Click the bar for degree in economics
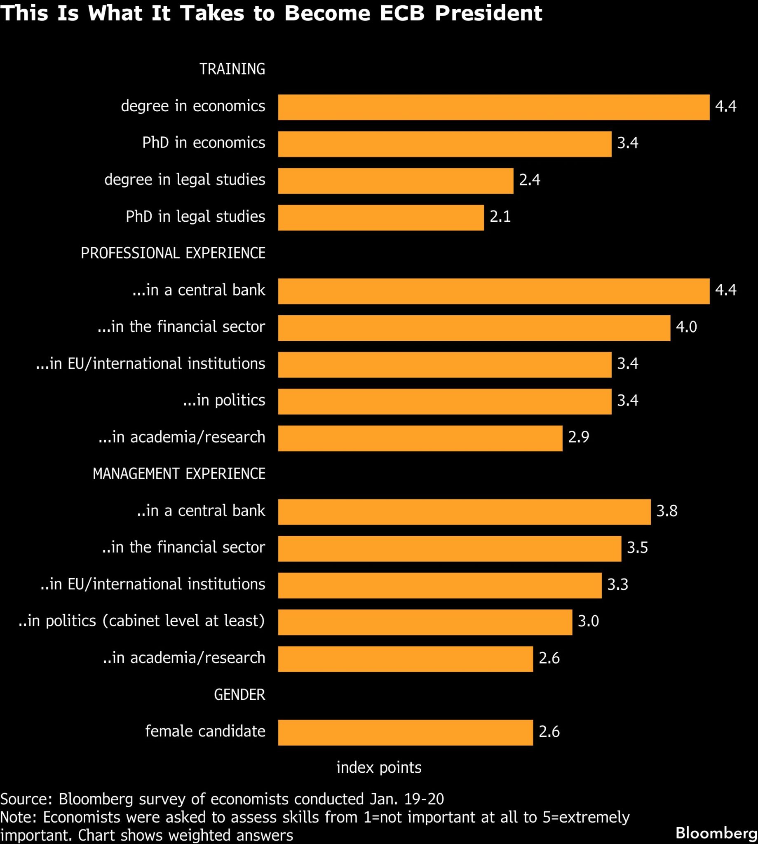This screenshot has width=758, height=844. point(493,108)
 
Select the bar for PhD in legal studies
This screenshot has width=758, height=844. point(381,217)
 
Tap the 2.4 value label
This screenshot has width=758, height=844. point(529,180)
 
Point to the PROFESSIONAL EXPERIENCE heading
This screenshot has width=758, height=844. point(173,253)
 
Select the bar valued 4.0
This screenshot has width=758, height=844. point(474,328)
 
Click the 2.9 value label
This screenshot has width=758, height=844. point(579,437)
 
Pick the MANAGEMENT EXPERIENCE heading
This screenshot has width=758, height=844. point(178,474)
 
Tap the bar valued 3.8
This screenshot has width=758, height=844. point(464,512)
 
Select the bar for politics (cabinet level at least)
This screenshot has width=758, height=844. point(425,622)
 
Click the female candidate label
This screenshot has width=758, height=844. point(205,731)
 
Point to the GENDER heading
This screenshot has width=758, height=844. point(239,694)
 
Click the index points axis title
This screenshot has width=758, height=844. point(378,767)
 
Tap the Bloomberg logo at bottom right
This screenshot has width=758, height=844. point(716,832)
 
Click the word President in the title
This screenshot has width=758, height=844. point(488,13)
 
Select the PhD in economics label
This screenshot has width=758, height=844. point(203,143)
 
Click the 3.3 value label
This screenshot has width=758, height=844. point(617,585)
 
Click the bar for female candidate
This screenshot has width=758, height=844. point(405,732)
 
